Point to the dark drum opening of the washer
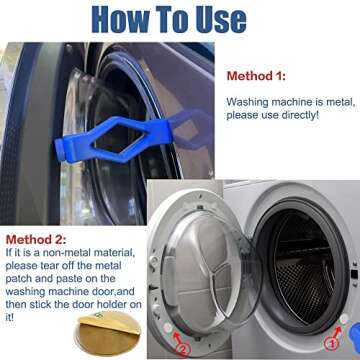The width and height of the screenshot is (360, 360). [304, 250]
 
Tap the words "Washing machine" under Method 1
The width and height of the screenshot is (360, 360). [263, 102]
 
